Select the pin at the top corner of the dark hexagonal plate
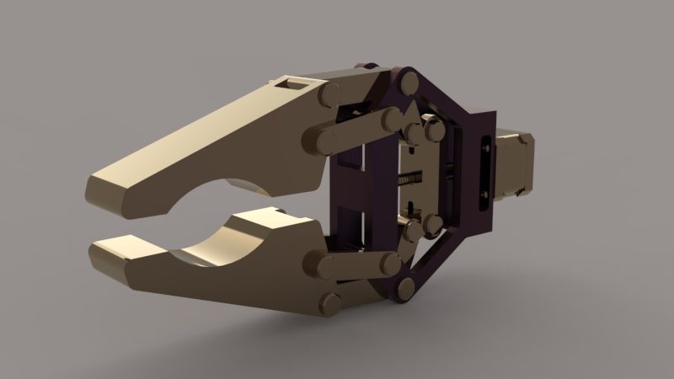pyautogui.click(x=409, y=83)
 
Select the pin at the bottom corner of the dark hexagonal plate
pyautogui.click(x=405, y=288)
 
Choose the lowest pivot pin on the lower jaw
pyautogui.click(x=329, y=303)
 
